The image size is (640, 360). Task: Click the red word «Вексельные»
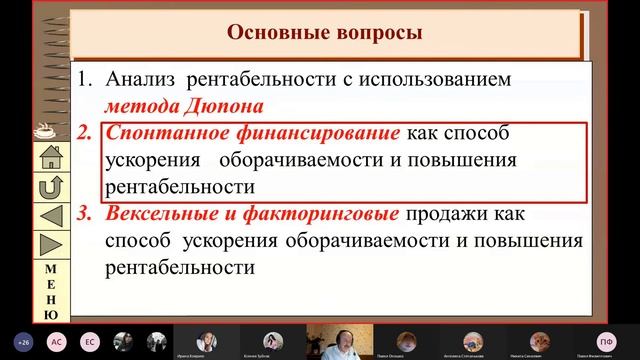(x=159, y=213)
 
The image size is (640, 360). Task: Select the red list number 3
(x=85, y=213)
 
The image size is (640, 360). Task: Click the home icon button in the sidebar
(x=50, y=157)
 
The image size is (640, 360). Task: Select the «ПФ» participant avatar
(x=604, y=342)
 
